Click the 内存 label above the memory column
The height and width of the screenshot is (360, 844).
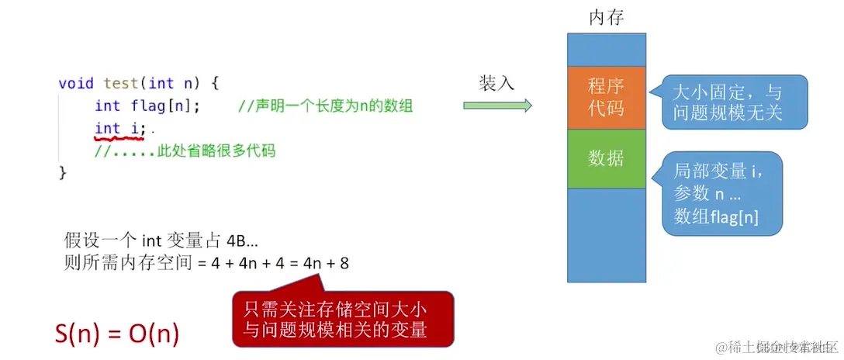(606, 17)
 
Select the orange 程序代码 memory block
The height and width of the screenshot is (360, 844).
(606, 98)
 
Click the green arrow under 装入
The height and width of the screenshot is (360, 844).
(497, 106)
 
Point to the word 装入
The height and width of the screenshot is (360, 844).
(496, 83)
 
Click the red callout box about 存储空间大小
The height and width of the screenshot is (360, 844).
(342, 319)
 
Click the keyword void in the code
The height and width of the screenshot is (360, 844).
(76, 83)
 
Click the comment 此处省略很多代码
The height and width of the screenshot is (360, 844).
(185, 151)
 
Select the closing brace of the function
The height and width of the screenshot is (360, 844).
(63, 172)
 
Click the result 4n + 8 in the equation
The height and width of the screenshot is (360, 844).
(326, 263)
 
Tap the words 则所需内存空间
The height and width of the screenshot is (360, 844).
(121, 263)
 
